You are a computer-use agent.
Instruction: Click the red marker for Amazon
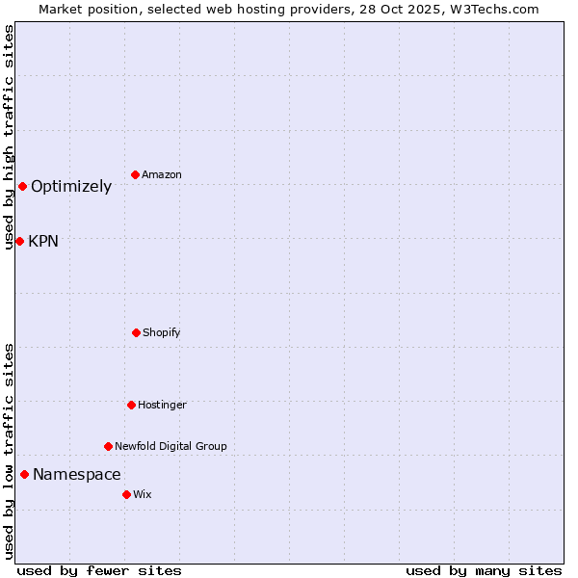[x=136, y=174]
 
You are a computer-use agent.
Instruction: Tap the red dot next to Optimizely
[x=22, y=186]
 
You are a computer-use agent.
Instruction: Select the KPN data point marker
[x=19, y=241]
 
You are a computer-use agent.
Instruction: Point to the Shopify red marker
[x=136, y=332]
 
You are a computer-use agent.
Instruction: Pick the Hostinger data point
[x=131, y=405]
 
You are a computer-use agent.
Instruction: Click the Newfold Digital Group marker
[x=108, y=446]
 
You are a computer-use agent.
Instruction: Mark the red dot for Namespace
[x=24, y=474]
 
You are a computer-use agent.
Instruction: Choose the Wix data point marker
[x=126, y=494]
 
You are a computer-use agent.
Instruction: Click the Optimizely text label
[x=71, y=187]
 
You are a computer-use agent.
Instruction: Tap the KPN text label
[x=43, y=242]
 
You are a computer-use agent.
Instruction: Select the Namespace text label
[x=77, y=475]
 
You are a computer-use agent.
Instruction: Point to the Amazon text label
[x=162, y=175]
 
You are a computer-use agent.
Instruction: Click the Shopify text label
[x=162, y=333]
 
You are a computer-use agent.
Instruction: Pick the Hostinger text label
[x=162, y=406]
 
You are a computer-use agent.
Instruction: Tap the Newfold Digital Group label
[x=171, y=447]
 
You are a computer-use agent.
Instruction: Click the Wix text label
[x=143, y=495]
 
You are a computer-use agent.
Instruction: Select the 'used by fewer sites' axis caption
[x=99, y=571]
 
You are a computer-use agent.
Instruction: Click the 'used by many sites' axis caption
[x=484, y=571]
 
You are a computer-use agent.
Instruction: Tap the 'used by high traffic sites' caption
[x=10, y=137]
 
